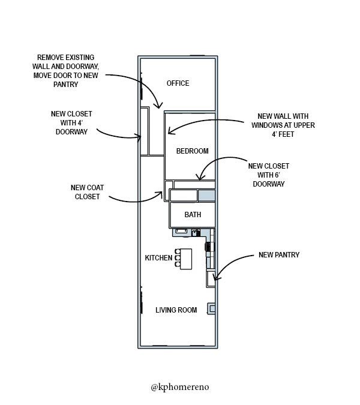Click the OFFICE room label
[x=178, y=83]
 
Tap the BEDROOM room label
[x=193, y=151]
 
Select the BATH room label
[x=193, y=214]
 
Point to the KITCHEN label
[x=158, y=258]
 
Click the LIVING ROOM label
[x=176, y=310]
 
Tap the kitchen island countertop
[x=186, y=259]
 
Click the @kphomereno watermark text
[x=180, y=387]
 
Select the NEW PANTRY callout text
[x=279, y=254]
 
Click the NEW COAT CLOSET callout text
[x=87, y=192]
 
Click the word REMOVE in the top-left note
[x=49, y=58]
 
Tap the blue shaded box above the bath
[x=206, y=195]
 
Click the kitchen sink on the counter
[x=182, y=230]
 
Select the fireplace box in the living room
[x=211, y=308]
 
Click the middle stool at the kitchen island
[x=177, y=258]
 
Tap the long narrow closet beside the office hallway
[x=145, y=131]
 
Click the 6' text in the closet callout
[x=277, y=175]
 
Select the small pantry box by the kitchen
[x=211, y=278]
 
